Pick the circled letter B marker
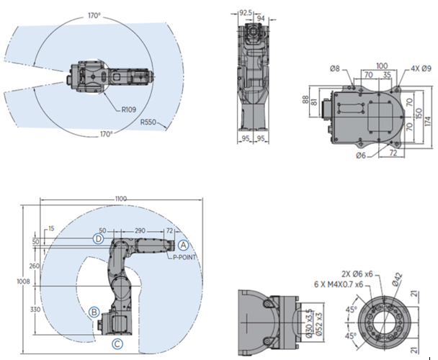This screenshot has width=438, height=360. [93, 312]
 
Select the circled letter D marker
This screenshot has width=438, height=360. [99, 238]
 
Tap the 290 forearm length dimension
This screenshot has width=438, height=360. [140, 230]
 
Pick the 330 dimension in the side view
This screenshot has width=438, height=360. [34, 309]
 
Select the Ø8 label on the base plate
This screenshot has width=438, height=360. [335, 68]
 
